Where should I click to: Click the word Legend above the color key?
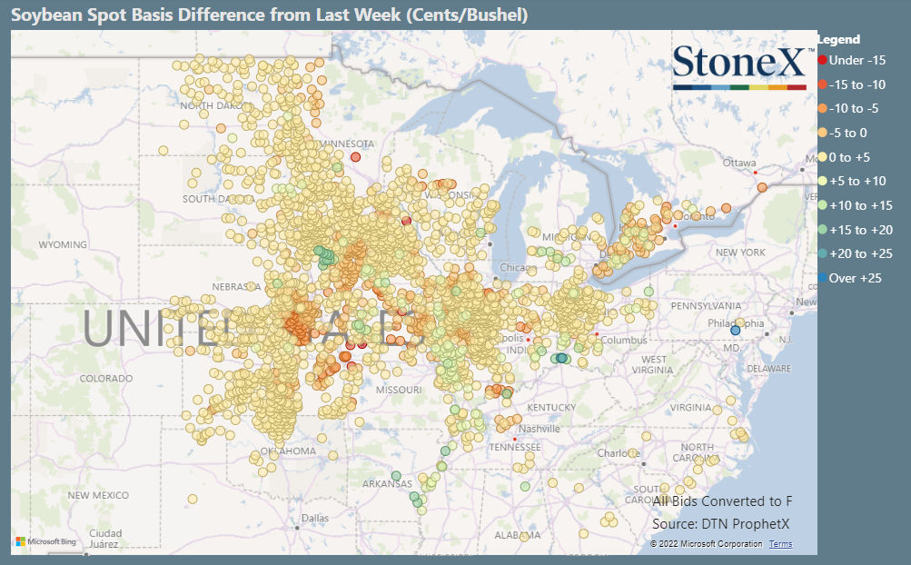pyautogui.click(x=837, y=39)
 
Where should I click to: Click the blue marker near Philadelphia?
pyautogui.click(x=736, y=331)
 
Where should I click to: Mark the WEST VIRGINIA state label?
pyautogui.click(x=653, y=365)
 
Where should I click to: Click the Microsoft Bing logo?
pyautogui.click(x=44, y=542)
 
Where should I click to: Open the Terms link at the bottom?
pyautogui.click(x=780, y=544)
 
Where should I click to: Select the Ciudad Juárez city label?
pyautogui.click(x=105, y=539)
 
